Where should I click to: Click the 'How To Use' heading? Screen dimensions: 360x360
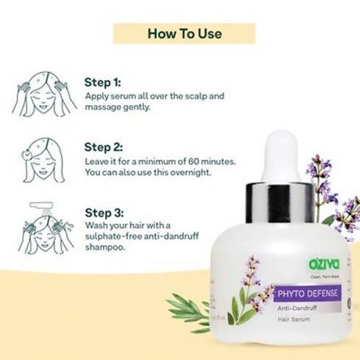179,33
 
